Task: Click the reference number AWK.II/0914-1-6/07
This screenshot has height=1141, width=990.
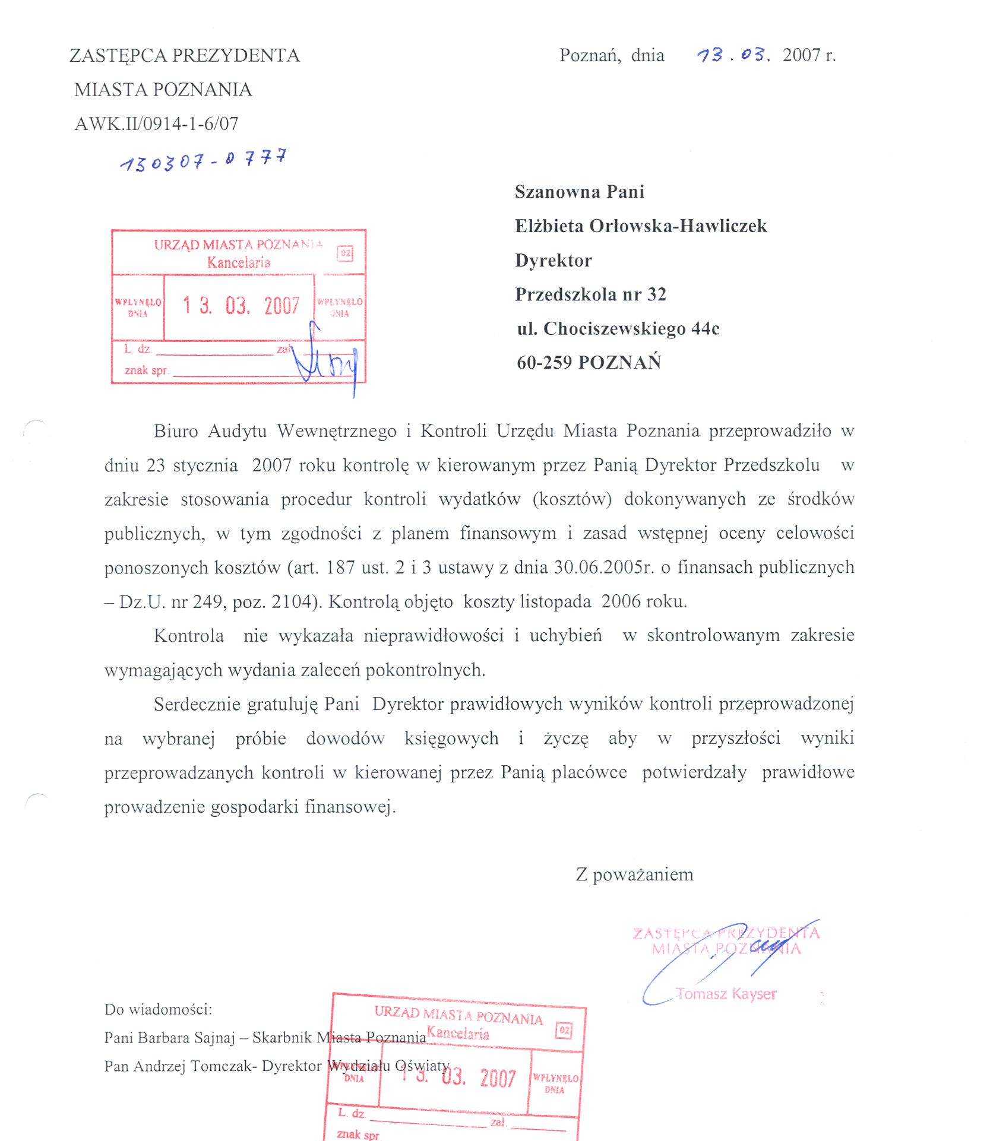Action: [156, 123]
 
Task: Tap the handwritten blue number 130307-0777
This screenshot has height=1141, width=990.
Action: [203, 160]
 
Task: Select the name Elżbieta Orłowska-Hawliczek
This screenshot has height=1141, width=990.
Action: [641, 226]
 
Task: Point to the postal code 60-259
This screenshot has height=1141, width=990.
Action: [544, 363]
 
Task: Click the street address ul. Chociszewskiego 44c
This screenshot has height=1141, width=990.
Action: [618, 329]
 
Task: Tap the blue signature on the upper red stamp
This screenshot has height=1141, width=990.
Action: [325, 359]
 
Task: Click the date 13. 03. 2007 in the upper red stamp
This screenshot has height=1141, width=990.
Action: [241, 306]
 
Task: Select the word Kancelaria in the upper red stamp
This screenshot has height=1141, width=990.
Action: [239, 262]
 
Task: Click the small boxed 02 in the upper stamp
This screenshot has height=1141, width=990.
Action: [345, 253]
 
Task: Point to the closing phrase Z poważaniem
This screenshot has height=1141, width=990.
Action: [634, 874]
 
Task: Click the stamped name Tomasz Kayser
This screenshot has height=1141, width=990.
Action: [726, 994]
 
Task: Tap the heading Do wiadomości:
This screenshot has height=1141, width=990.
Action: [158, 1009]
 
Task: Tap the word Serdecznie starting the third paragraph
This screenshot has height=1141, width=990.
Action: [197, 705]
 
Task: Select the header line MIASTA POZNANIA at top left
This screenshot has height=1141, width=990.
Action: [163, 90]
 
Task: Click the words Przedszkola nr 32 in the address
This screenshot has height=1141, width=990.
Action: [590, 294]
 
